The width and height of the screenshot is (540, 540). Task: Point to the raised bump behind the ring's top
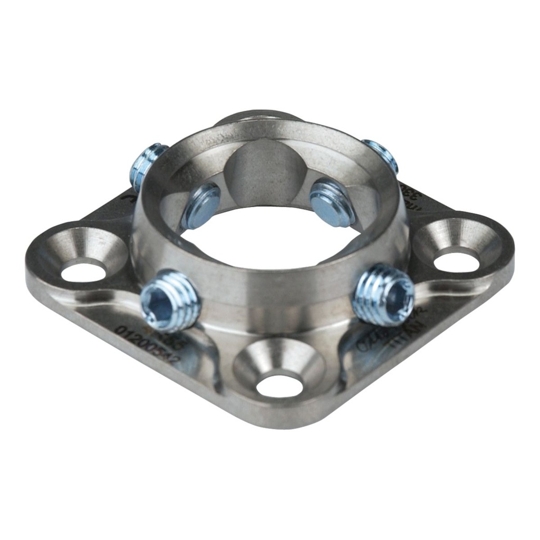(258, 117)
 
